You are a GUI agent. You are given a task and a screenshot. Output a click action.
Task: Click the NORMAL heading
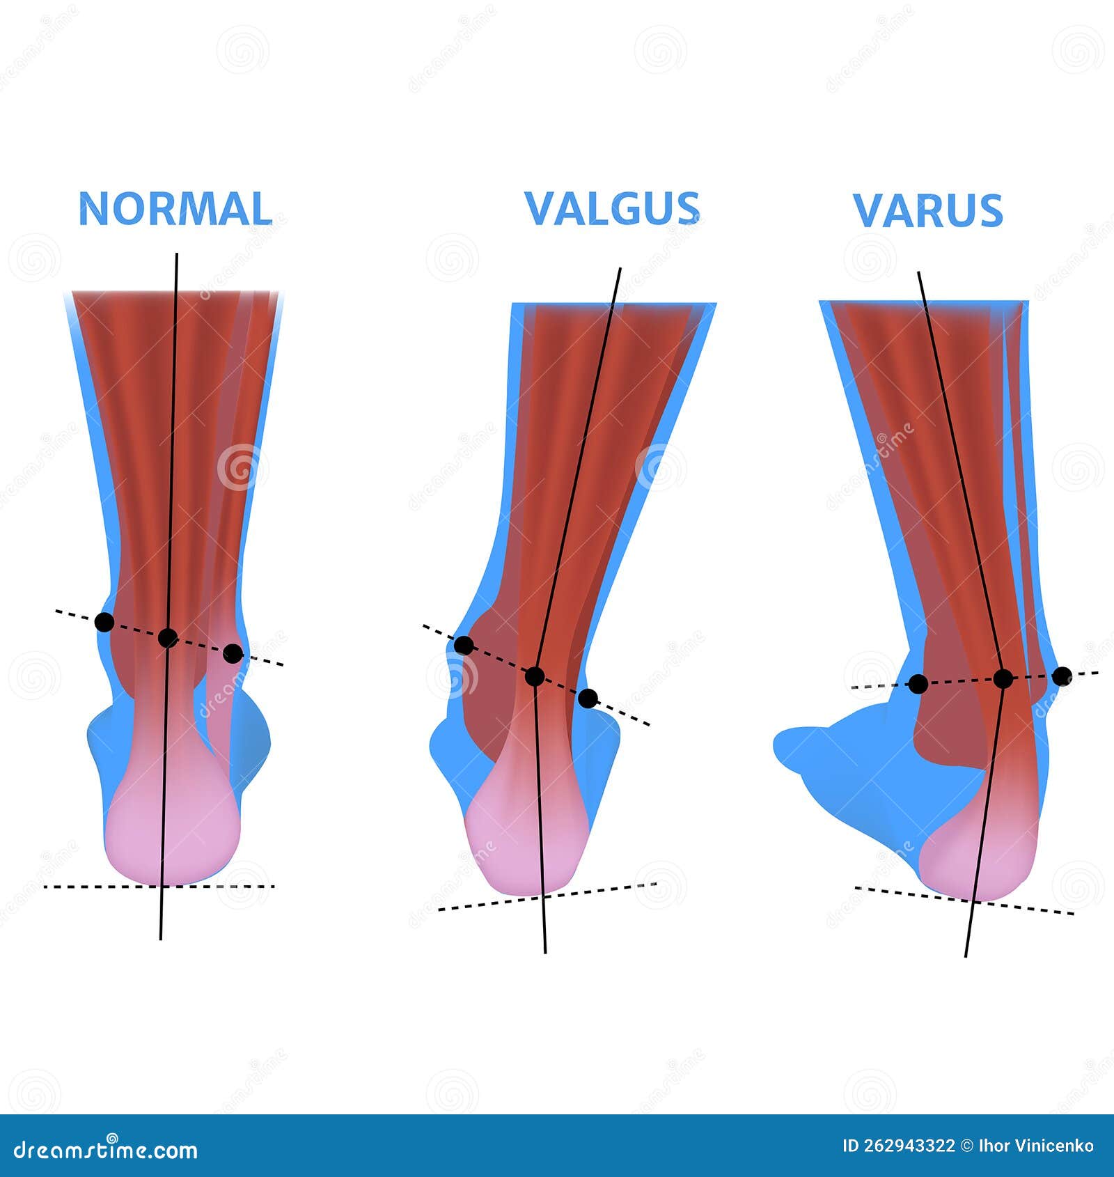[x=175, y=209]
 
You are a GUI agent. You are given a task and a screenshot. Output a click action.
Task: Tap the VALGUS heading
[x=612, y=209]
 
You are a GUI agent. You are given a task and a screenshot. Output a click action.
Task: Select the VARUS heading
[x=928, y=210]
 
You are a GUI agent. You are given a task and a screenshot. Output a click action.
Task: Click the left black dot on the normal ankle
[x=104, y=622]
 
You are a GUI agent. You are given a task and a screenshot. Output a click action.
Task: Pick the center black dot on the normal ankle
[x=168, y=637]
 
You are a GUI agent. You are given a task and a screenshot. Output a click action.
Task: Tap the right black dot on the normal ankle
[x=233, y=653]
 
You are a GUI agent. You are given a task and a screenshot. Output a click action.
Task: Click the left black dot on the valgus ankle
[x=464, y=645]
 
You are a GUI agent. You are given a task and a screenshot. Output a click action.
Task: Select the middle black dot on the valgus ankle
[x=535, y=676]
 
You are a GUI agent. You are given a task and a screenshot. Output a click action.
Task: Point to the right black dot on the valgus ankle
[x=588, y=698]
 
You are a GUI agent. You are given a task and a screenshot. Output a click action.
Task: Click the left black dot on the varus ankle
[x=918, y=684]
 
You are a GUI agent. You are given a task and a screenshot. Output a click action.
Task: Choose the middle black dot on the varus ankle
[x=1003, y=678]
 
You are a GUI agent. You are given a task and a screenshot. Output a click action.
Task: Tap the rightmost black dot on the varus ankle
[x=1062, y=676]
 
